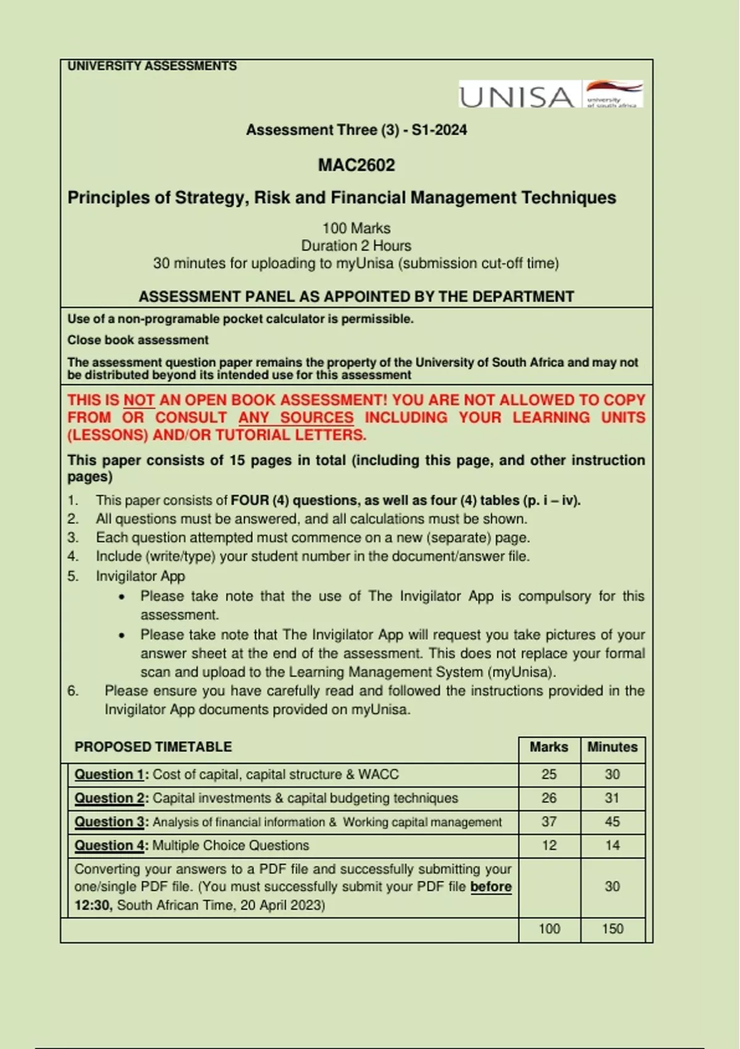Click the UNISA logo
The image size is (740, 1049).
(551, 96)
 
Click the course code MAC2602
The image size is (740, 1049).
(356, 165)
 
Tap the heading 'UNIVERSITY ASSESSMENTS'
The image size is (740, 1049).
(152, 66)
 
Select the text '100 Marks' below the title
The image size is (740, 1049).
(356, 228)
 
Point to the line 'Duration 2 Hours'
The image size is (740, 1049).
(356, 246)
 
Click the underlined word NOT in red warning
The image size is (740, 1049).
(139, 400)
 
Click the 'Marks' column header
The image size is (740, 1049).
(549, 747)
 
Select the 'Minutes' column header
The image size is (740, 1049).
(612, 747)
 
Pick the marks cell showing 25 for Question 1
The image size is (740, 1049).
(549, 774)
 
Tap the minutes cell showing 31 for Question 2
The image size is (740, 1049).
(612, 798)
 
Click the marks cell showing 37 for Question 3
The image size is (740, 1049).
(549, 822)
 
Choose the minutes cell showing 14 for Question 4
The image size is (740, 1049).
(612, 845)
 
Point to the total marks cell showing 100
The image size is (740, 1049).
(549, 929)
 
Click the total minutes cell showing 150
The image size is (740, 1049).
(612, 929)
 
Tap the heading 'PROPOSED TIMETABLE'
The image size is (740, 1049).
(153, 747)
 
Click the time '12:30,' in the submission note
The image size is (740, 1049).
(94, 905)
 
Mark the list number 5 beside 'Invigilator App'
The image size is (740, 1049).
(73, 576)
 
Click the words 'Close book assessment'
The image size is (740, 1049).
(138, 340)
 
